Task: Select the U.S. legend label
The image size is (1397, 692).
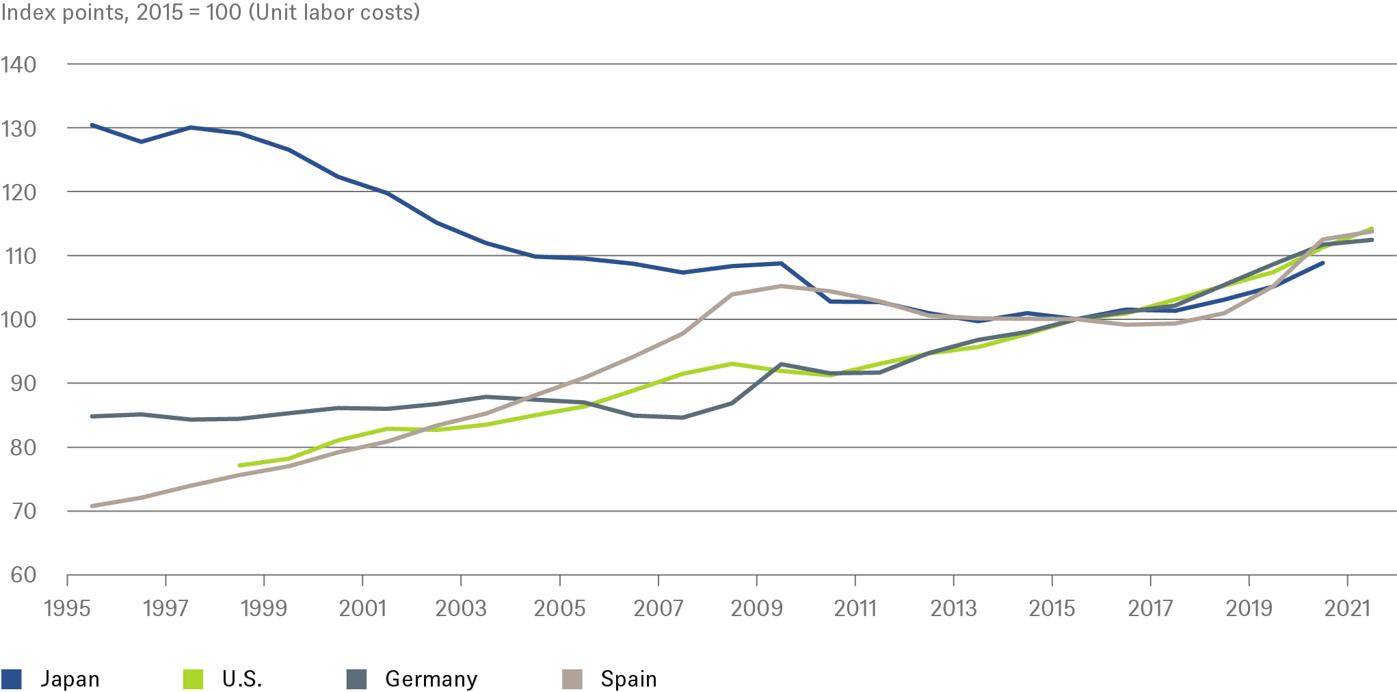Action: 241,679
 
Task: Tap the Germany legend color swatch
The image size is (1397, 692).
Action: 356,679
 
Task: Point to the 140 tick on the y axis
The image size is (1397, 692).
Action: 18,64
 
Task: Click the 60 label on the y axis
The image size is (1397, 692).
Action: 23,575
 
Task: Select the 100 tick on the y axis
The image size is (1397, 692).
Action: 18,319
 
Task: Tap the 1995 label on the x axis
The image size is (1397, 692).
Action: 67,608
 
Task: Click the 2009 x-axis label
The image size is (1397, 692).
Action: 756,608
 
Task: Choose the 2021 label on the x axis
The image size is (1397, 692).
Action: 1347,608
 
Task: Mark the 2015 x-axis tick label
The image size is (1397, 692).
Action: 1052,608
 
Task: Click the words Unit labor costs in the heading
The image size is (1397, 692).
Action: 334,12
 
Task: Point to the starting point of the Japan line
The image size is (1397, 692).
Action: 92,125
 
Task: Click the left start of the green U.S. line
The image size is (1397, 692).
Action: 239,465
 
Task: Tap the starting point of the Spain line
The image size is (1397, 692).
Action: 92,506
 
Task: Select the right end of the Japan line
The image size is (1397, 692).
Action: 1323,263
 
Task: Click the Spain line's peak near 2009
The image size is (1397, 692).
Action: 782,286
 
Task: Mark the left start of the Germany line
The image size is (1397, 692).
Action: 92,416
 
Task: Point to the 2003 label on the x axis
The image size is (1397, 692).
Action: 461,608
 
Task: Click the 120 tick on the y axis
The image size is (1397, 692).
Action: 18,192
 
